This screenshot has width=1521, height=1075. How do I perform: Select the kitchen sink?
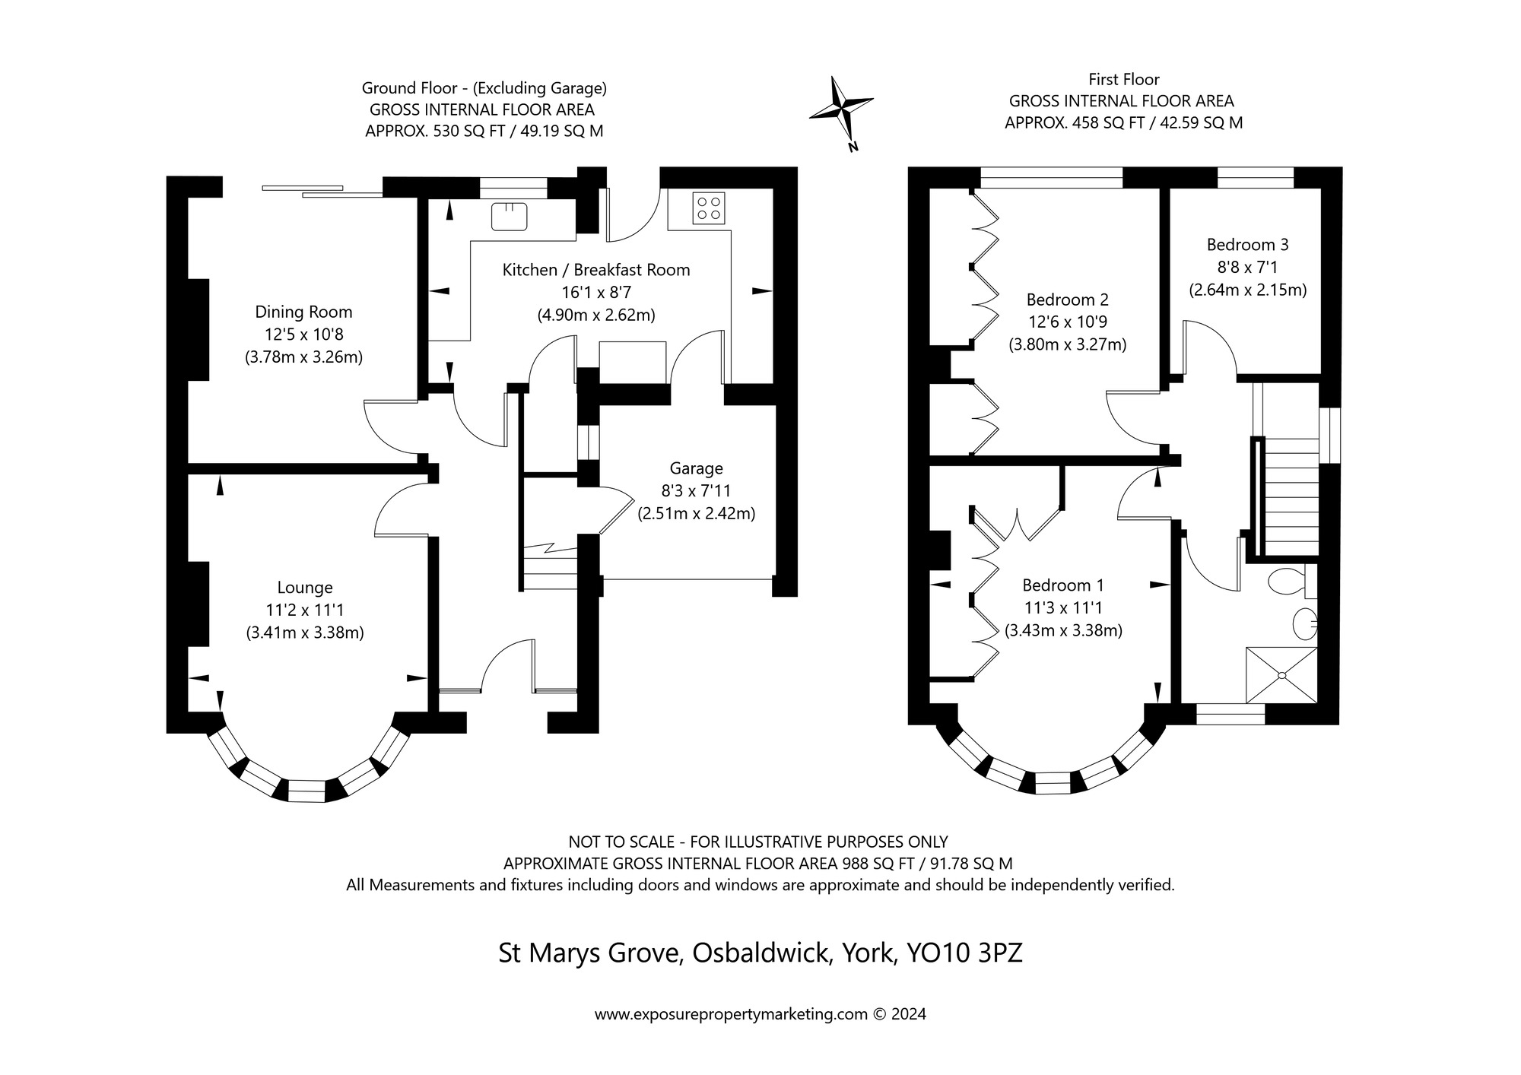coord(510,217)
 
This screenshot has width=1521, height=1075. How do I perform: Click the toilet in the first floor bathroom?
coord(1286,582)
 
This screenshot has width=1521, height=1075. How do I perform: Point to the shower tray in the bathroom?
coord(1281,675)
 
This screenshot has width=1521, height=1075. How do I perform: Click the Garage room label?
coord(696,469)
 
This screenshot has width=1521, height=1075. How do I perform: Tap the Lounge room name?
coord(305,588)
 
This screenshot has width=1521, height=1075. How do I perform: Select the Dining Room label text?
coord(303,312)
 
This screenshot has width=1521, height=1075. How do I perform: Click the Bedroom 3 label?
coord(1247,245)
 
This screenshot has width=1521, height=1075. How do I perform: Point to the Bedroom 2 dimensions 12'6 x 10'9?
coord(1067,322)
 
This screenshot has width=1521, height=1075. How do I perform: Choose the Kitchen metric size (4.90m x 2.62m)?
coord(596,315)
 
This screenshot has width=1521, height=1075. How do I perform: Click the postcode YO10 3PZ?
coord(964,953)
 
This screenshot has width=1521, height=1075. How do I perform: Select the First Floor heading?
coord(1123,79)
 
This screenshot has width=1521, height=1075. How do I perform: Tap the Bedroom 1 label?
coord(1062,585)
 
